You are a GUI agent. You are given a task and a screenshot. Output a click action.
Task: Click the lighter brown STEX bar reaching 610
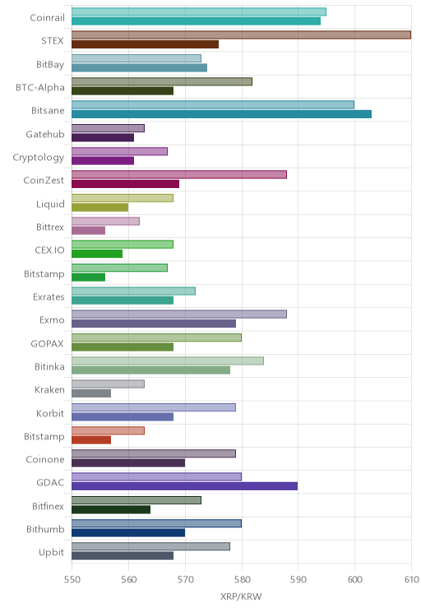(241, 35)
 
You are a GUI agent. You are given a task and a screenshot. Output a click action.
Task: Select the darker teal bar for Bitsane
(222, 114)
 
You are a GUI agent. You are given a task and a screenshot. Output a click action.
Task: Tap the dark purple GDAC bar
(184, 486)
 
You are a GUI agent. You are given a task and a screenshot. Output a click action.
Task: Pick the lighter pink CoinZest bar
(179, 175)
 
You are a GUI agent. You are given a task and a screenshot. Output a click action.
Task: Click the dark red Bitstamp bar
(91, 440)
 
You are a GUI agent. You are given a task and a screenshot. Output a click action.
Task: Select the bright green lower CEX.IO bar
(97, 254)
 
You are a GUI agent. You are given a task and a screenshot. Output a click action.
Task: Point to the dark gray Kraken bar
(91, 393)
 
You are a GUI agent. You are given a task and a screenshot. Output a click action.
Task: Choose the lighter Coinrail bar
(199, 11)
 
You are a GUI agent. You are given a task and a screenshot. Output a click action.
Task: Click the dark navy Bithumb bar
(128, 533)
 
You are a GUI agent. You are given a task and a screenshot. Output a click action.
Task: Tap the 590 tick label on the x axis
(298, 580)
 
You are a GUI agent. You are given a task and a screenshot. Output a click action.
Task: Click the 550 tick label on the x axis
(72, 580)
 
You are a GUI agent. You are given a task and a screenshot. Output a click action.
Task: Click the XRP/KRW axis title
(241, 596)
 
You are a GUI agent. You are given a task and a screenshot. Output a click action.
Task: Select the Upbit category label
(51, 553)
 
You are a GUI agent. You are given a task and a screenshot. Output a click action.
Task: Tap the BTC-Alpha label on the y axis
(39, 87)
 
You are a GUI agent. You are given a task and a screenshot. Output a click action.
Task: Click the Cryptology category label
(39, 158)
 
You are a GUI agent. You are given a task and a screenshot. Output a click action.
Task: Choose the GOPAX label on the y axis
(47, 343)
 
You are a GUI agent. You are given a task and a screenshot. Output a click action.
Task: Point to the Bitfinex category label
(48, 506)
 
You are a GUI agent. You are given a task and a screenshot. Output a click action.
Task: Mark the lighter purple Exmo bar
(179, 314)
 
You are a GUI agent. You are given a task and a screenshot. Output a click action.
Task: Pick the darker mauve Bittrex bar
(89, 231)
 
